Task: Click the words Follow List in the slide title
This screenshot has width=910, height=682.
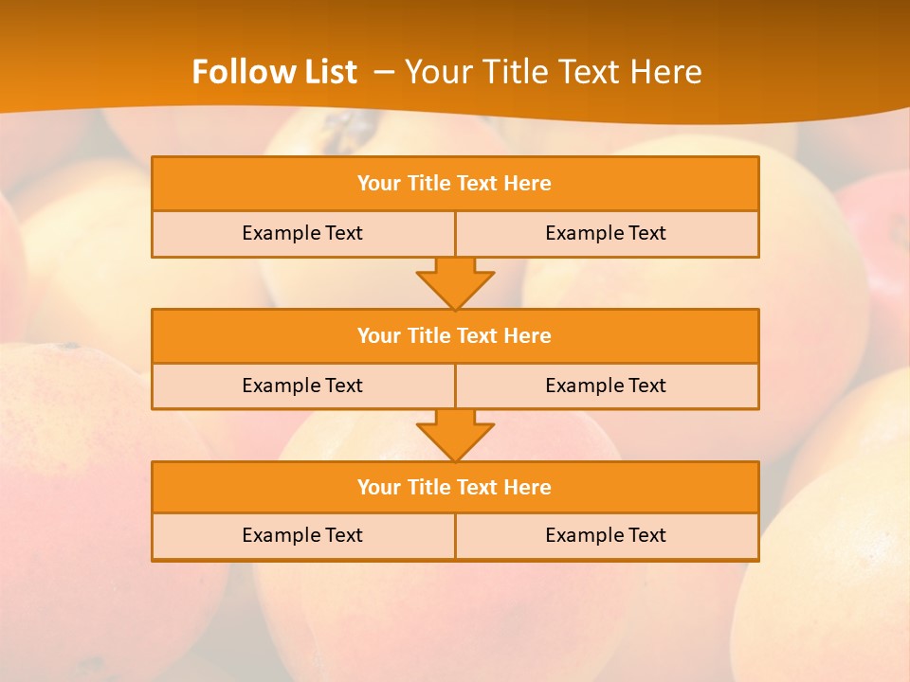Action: (274, 72)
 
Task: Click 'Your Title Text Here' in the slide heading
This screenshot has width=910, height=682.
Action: (554, 72)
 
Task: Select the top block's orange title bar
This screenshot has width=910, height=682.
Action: (455, 184)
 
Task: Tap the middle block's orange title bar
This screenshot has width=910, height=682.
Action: (455, 336)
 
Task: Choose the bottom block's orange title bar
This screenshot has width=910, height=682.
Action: (455, 488)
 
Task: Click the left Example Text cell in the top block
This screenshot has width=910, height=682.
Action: (302, 234)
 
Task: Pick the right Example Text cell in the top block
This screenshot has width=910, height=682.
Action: (606, 234)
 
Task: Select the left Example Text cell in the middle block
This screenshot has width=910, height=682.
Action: (302, 386)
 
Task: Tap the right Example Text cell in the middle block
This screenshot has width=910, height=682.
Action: (606, 386)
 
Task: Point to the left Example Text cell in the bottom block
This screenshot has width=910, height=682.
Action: (302, 536)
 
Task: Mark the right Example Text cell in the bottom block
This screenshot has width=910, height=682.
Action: (606, 536)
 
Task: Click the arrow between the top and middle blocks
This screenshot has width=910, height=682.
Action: (455, 283)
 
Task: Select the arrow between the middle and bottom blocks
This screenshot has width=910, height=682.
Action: (455, 435)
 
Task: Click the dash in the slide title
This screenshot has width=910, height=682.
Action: (384, 72)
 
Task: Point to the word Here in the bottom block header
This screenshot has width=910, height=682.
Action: (528, 488)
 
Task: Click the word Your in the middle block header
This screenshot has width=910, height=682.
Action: (378, 336)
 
